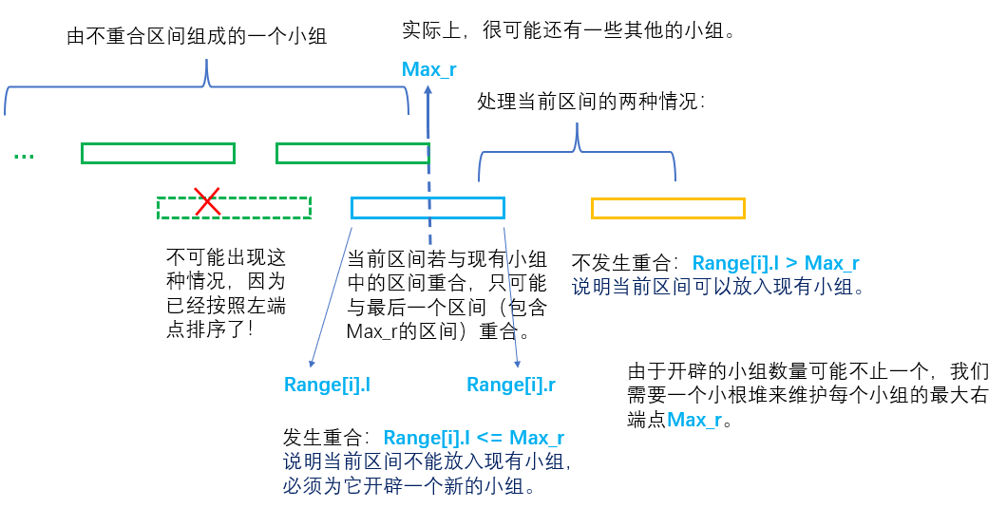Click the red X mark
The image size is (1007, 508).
point(208,201)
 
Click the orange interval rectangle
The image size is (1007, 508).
point(668,208)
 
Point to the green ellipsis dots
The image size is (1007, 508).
point(25,155)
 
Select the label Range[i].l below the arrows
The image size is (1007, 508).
point(327,385)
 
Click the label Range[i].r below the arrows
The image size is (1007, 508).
point(511,385)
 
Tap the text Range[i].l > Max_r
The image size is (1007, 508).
point(775,263)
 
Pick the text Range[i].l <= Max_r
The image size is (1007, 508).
point(474,438)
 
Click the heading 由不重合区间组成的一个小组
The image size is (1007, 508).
point(197,37)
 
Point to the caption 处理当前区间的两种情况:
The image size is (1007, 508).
point(592,102)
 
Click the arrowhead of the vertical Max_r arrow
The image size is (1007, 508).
point(428,90)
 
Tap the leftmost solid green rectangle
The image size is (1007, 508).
point(158,153)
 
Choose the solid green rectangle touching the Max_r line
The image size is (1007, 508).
point(351,153)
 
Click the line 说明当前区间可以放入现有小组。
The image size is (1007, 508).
point(717,286)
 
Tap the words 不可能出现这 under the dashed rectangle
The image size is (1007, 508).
point(226,257)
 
